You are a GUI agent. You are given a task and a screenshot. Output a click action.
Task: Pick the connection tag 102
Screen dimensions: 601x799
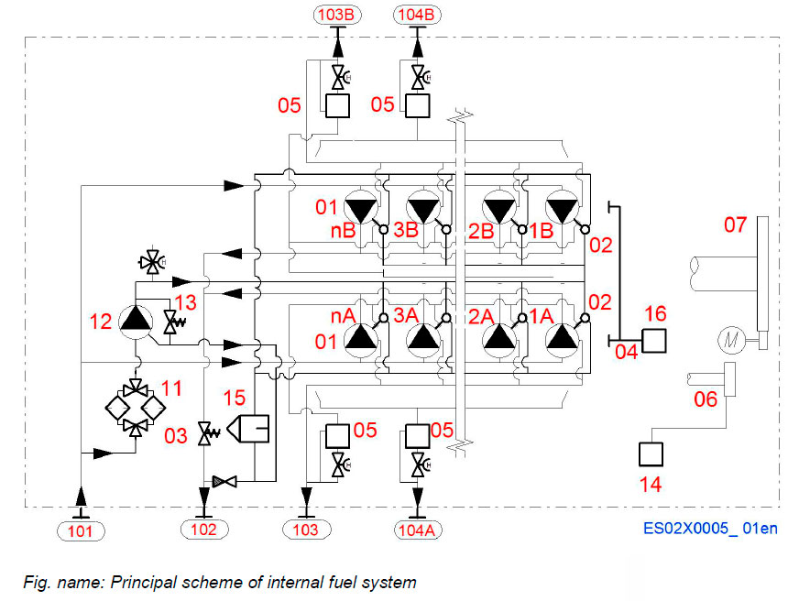click(x=203, y=530)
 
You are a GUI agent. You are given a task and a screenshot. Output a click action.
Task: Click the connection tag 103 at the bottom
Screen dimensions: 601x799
click(x=305, y=530)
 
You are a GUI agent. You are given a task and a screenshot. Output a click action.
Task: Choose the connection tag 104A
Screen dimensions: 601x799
click(x=420, y=530)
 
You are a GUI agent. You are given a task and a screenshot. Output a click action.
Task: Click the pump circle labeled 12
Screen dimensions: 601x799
click(x=136, y=322)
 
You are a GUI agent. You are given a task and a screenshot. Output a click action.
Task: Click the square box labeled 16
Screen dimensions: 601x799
click(x=654, y=341)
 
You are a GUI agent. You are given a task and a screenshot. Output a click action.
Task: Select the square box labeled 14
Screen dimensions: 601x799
click(x=651, y=453)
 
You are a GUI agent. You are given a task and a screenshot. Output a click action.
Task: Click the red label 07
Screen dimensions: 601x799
click(x=735, y=224)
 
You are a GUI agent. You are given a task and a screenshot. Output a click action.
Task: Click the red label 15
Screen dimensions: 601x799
click(x=235, y=398)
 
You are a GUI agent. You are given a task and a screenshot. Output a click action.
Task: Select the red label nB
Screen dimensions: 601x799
click(x=344, y=231)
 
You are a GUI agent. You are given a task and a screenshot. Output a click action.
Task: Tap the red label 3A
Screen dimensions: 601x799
click(x=406, y=314)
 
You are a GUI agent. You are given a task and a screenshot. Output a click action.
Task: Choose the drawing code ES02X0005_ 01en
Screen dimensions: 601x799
click(x=710, y=529)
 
